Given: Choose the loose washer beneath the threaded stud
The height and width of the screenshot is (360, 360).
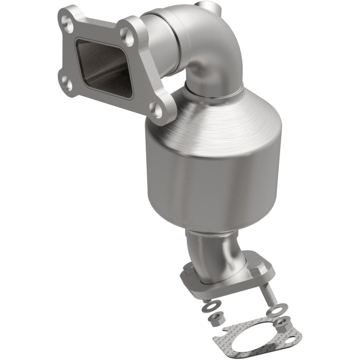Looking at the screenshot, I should [x=274, y=311].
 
